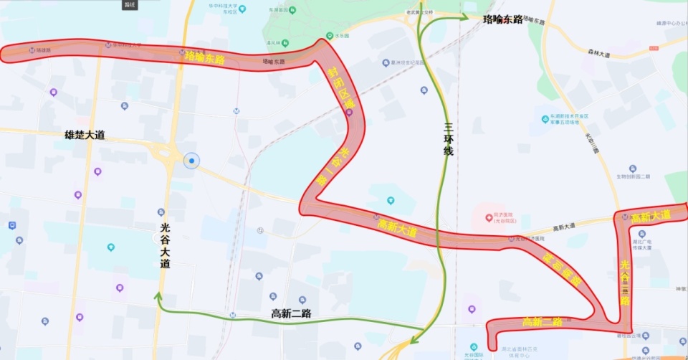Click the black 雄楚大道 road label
click(x=85, y=135)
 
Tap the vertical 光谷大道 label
click(x=165, y=248)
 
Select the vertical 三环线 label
click(x=449, y=141)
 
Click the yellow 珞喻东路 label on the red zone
click(x=204, y=57)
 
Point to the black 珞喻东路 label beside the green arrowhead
click(x=503, y=19)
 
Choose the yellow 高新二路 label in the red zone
click(x=543, y=321)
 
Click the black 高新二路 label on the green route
click(x=291, y=313)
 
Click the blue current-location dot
click(x=191, y=161)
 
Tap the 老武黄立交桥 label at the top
click(x=419, y=12)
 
